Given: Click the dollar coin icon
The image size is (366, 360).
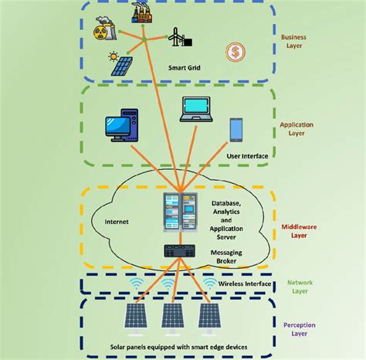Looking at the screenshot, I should pyautogui.click(x=236, y=53).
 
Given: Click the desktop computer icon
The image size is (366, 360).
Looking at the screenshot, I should pyautogui.click(x=124, y=132).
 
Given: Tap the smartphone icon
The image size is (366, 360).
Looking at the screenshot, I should pyautogui.click(x=236, y=130).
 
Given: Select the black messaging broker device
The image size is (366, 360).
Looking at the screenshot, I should pyautogui.click(x=178, y=250).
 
